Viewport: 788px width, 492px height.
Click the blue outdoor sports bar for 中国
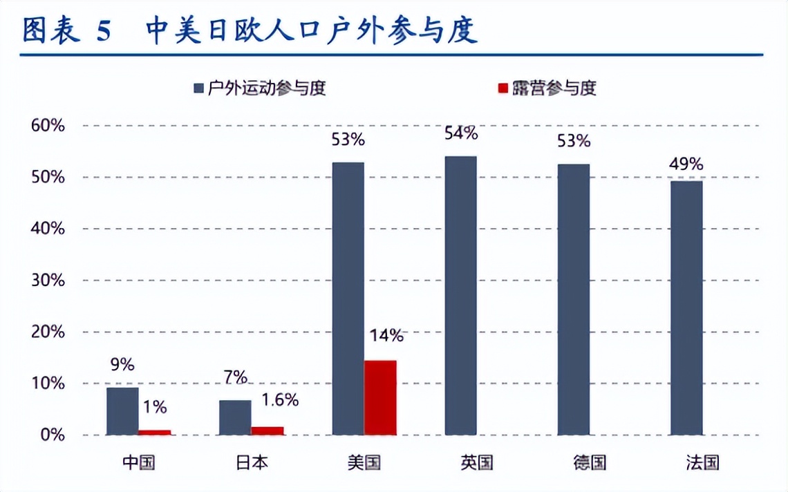click(122, 411)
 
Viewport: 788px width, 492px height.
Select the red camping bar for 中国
click(154, 432)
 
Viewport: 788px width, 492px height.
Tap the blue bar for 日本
click(235, 417)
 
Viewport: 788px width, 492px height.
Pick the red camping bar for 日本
click(267, 430)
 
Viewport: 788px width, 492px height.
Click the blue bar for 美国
click(348, 299)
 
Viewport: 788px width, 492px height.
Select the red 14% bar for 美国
click(380, 398)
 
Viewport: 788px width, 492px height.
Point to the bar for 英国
click(460, 296)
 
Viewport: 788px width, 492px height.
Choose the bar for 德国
click(573, 299)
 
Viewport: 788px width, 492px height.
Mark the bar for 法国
click(686, 308)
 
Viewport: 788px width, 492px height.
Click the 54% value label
click(460, 133)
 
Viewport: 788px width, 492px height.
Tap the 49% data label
click(686, 164)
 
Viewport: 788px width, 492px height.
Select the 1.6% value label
click(280, 400)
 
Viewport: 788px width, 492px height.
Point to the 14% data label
click(386, 336)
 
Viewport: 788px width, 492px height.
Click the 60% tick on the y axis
click(48, 126)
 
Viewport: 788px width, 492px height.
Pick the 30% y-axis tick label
click(48, 281)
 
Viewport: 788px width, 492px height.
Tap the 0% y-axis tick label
click(53, 435)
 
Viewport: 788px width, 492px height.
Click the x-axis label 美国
click(364, 462)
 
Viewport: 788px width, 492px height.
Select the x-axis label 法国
click(703, 462)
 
